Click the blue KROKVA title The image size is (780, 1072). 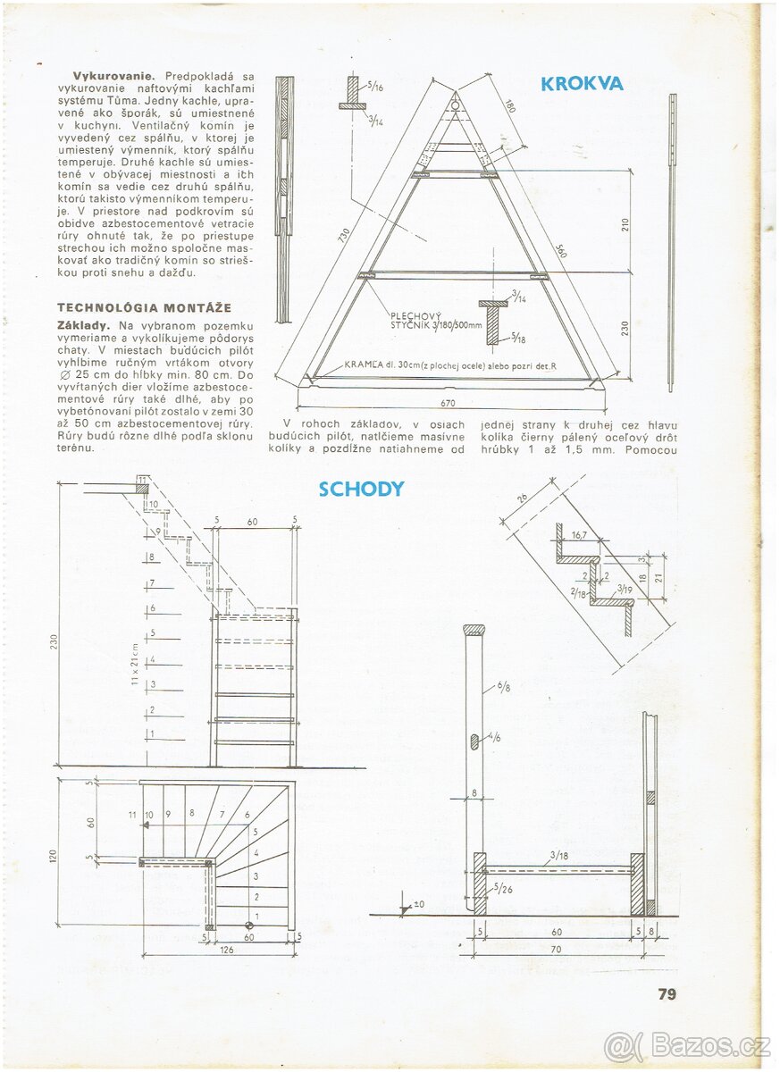point(582,84)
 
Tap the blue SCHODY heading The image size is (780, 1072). point(361,489)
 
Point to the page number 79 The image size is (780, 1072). point(667,993)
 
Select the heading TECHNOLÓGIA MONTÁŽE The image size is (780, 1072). point(131,307)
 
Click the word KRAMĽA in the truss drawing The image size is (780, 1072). point(364,365)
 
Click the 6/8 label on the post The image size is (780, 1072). point(504,687)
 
